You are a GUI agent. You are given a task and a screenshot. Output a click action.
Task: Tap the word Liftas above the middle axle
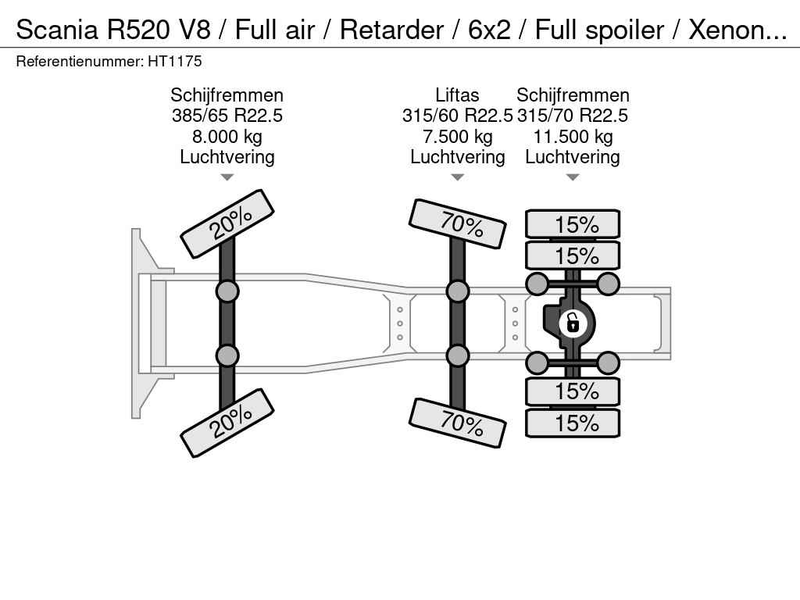click(457, 95)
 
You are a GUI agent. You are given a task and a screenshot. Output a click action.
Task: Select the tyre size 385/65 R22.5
click(227, 116)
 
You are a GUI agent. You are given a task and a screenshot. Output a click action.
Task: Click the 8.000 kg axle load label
click(227, 137)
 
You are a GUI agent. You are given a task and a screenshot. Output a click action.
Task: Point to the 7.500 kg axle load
click(457, 137)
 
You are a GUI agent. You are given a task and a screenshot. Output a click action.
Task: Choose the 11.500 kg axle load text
click(573, 137)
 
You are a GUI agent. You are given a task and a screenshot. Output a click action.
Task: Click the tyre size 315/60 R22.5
click(457, 116)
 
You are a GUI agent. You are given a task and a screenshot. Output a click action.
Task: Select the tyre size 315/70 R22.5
click(573, 116)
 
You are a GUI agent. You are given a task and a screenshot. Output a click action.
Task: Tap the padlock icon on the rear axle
click(573, 322)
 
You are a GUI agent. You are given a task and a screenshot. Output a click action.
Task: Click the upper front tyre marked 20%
click(227, 223)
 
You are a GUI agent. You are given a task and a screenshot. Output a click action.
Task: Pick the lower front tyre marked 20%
click(227, 423)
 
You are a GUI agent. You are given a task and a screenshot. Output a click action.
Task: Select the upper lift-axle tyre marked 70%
click(458, 223)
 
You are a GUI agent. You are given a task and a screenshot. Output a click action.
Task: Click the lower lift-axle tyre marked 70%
click(458, 423)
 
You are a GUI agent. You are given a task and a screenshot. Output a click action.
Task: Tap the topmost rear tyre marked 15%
click(573, 224)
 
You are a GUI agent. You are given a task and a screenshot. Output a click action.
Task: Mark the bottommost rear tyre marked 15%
click(573, 423)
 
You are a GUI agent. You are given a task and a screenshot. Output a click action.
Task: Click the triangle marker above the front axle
click(227, 177)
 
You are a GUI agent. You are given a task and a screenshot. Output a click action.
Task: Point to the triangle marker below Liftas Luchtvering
click(457, 177)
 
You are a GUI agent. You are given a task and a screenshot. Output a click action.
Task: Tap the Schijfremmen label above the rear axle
click(573, 95)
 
